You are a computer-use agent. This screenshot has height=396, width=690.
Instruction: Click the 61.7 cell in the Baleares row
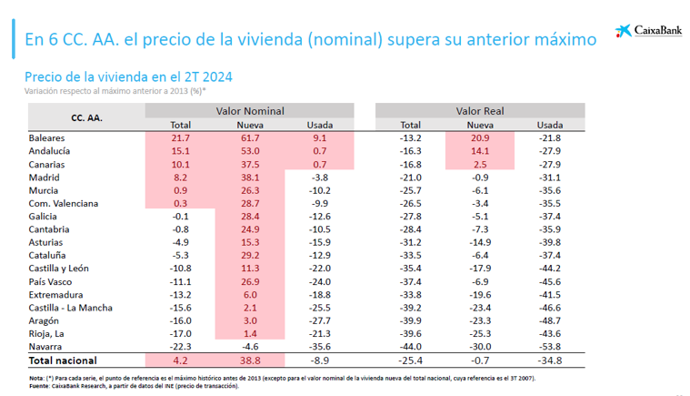(250, 137)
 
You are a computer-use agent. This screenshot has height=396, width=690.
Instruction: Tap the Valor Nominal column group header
(250, 110)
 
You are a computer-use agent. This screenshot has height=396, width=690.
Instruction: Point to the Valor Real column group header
(480, 110)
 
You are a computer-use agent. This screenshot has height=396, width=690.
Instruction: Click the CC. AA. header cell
(86, 117)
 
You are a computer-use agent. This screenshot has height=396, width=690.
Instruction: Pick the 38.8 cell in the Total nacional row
(250, 361)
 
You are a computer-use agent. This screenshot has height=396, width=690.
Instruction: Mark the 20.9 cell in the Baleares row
(480, 137)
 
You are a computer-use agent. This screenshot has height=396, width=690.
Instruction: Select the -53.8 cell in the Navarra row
(549, 346)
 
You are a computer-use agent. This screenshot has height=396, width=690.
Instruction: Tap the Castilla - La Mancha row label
(71, 308)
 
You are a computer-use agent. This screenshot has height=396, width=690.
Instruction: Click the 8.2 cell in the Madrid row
(181, 177)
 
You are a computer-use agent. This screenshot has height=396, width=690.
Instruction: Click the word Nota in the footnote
(37, 377)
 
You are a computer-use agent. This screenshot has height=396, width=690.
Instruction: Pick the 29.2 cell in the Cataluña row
(250, 256)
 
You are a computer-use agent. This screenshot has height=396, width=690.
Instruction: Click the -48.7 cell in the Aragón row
(549, 321)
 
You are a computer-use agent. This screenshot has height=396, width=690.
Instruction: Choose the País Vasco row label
(53, 282)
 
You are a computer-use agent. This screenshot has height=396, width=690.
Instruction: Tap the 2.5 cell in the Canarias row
(480, 163)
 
